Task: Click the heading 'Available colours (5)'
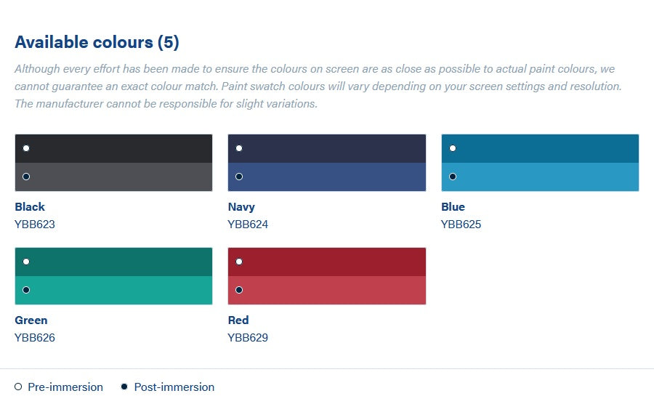pos(97,43)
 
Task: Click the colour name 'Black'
pos(30,207)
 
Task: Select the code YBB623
pos(35,225)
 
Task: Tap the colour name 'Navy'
pos(241,207)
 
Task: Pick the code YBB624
pos(248,225)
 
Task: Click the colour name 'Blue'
pos(453,207)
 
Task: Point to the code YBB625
pos(461,225)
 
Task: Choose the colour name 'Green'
pos(31,320)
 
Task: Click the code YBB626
pos(35,338)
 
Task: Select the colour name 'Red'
pos(238,320)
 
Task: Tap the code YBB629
pos(248,338)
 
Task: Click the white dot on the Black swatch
pos(26,148)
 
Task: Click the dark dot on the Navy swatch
pos(239,177)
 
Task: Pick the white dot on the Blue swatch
pos(453,148)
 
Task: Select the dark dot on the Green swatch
pos(26,290)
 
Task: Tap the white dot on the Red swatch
pos(239,262)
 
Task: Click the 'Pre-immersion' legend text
pos(65,387)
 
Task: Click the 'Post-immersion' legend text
pos(174,387)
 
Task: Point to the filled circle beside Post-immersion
pos(124,387)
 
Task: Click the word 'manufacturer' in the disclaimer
pos(70,104)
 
